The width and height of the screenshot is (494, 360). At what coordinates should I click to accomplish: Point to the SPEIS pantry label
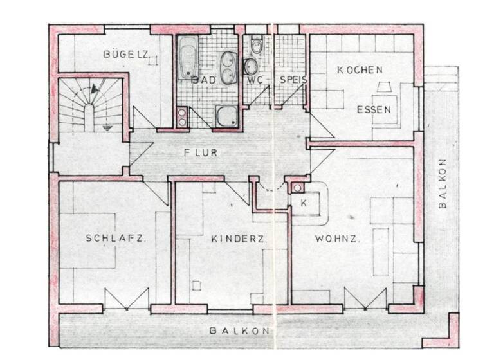(293, 80)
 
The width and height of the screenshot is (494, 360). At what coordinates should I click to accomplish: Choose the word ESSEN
(374, 109)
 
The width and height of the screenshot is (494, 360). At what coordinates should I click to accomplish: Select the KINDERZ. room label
(239, 239)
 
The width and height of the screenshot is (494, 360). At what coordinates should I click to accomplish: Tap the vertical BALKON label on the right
(442, 183)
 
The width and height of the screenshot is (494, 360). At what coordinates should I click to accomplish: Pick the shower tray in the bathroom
(226, 116)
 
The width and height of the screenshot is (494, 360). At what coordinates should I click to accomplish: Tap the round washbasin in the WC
(250, 66)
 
